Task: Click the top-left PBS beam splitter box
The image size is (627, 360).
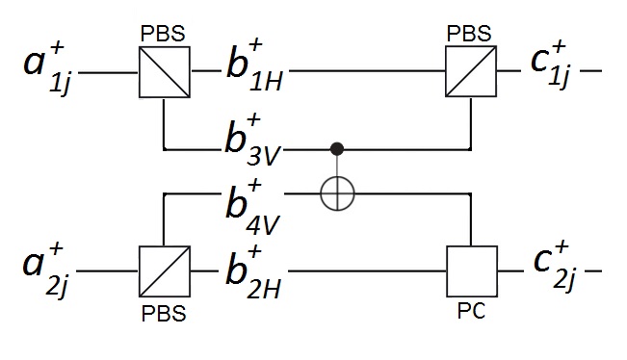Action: [164, 72]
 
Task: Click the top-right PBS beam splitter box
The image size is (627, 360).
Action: [470, 72]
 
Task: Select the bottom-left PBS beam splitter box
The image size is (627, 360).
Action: [164, 270]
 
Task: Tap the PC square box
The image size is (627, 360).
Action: [471, 270]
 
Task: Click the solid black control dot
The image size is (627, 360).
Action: [337, 149]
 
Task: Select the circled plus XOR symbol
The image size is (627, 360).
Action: [337, 193]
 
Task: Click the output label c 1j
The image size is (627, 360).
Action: [548, 65]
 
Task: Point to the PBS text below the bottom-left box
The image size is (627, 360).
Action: [164, 314]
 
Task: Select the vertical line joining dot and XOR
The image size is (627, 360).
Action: [337, 166]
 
